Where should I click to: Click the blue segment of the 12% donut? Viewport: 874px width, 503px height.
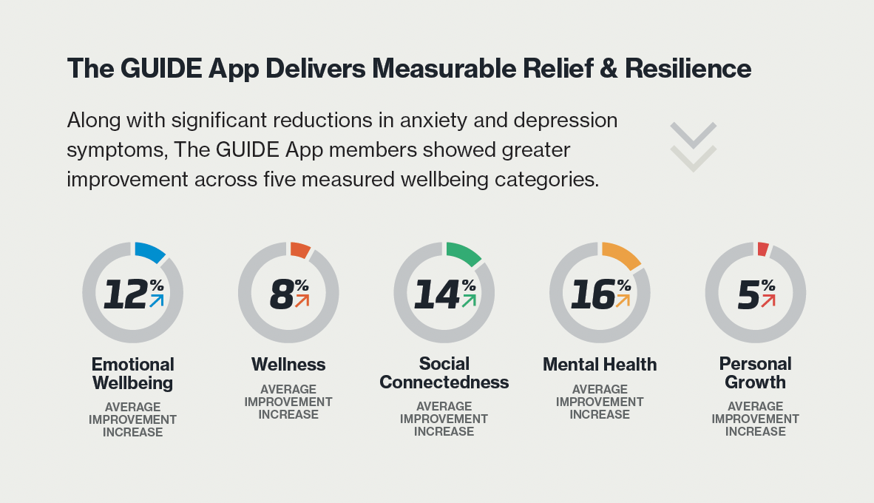pyautogui.click(x=150, y=252)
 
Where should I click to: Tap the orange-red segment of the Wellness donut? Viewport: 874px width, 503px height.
pyautogui.click(x=300, y=250)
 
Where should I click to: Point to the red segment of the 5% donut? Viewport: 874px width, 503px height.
pyautogui.click(x=763, y=249)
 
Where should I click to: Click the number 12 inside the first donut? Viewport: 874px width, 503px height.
pyautogui.click(x=125, y=294)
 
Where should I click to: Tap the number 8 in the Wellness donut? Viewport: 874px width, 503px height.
pyautogui.click(x=281, y=294)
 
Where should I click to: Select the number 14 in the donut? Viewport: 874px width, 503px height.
pyautogui.click(x=436, y=294)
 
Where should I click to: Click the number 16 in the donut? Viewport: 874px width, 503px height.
pyautogui.click(x=592, y=294)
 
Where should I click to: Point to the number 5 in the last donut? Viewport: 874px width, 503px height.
pyautogui.click(x=748, y=294)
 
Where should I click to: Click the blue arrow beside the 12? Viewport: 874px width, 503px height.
pyautogui.click(x=157, y=300)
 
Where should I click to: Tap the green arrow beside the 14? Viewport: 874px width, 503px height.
pyautogui.click(x=469, y=300)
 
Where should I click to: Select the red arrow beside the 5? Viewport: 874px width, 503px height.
pyautogui.click(x=768, y=300)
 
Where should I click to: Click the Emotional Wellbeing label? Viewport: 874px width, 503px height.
pyautogui.click(x=133, y=374)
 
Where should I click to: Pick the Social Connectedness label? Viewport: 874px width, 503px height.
pyautogui.click(x=444, y=373)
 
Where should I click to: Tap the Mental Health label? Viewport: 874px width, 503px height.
pyautogui.click(x=600, y=365)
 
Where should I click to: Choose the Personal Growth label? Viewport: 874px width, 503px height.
pyautogui.click(x=756, y=373)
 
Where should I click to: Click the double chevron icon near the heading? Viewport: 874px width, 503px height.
pyautogui.click(x=693, y=146)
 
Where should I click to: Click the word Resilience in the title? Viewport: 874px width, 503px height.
pyautogui.click(x=688, y=69)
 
